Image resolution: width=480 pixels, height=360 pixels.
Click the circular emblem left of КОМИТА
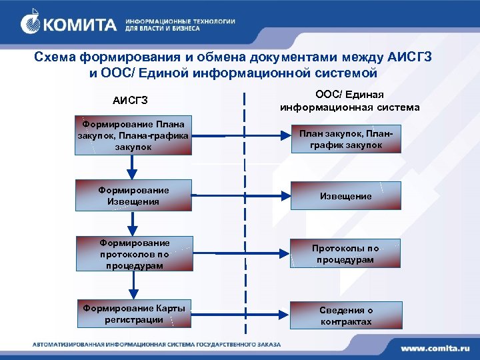pyautogui.click(x=31, y=25)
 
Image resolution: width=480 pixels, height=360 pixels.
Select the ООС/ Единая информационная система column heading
pyautogui.click(x=349, y=101)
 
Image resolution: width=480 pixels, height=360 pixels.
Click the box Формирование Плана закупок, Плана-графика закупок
pyautogui.click(x=134, y=134)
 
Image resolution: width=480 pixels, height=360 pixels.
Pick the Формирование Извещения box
pyautogui.click(x=134, y=195)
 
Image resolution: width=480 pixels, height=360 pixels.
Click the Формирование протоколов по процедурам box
pyautogui.click(x=134, y=254)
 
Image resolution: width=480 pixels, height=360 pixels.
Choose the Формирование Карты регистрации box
pyautogui.click(x=134, y=313)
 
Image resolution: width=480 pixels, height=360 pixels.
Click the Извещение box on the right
pyautogui.click(x=345, y=197)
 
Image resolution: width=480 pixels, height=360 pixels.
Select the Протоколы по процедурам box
pyautogui.click(x=345, y=254)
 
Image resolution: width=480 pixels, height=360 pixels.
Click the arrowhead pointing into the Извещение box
pyautogui.click(x=285, y=196)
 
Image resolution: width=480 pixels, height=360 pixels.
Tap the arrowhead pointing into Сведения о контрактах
pyautogui.click(x=285, y=312)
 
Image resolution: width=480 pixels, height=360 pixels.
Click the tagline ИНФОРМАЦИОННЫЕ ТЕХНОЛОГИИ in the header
pyautogui.click(x=180, y=21)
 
